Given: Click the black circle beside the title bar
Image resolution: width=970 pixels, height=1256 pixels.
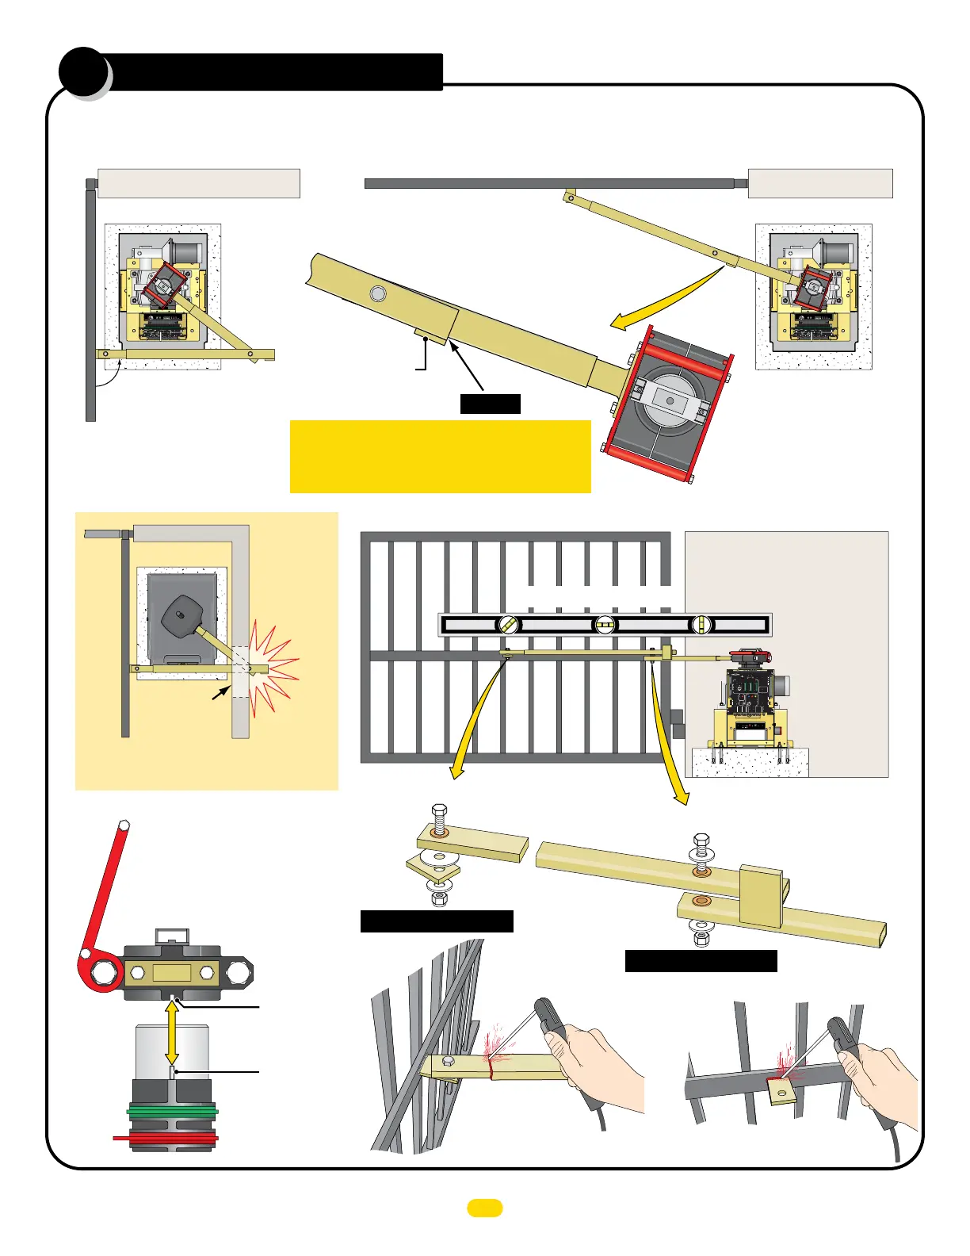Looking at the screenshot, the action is (82, 72).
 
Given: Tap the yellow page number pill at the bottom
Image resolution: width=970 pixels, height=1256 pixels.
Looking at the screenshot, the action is (484, 1208).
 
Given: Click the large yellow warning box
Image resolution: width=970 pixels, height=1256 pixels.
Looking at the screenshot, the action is (440, 456).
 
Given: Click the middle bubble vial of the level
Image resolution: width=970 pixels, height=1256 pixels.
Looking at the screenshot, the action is (605, 625).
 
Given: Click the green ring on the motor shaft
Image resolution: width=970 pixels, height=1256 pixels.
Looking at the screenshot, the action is (171, 1110).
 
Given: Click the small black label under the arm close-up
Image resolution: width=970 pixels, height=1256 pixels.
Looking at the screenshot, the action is (490, 404).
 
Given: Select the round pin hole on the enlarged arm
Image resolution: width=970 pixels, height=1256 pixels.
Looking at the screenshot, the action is (378, 294).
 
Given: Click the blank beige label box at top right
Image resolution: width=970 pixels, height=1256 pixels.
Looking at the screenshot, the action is (820, 183).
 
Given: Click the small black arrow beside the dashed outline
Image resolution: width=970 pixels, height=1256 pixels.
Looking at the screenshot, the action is (220, 693).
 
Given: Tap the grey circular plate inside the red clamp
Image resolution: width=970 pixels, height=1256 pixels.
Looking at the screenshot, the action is (670, 401).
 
